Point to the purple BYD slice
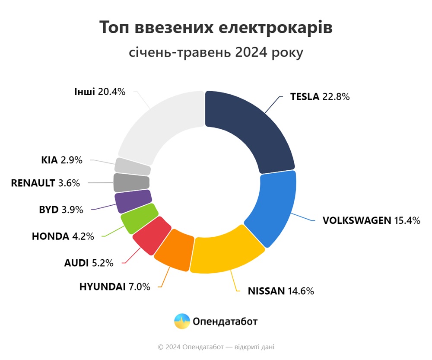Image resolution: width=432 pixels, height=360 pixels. click(x=133, y=201)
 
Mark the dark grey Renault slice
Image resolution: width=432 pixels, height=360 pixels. click(x=131, y=183)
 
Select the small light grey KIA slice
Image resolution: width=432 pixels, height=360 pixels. click(x=133, y=166)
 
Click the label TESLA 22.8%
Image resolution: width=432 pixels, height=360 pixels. click(x=320, y=97)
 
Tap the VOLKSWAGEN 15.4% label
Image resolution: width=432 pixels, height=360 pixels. click(x=371, y=220)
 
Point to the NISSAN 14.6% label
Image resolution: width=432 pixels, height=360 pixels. click(x=280, y=290)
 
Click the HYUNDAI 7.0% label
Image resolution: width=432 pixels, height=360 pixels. click(x=114, y=286)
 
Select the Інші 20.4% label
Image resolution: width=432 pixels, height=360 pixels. click(x=100, y=92)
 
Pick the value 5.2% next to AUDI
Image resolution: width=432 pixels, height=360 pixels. click(x=103, y=262)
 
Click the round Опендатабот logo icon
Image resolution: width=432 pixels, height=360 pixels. click(x=182, y=321)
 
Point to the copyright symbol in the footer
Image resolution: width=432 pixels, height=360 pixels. click(x=161, y=347)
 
